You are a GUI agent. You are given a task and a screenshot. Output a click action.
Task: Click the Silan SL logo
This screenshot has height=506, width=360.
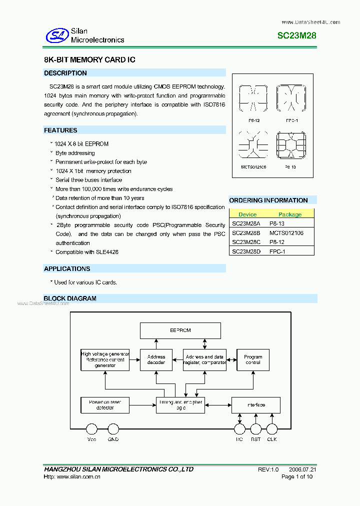pyautogui.click(x=56, y=35)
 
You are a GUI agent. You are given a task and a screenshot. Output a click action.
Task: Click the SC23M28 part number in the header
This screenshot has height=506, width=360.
pyautogui.click(x=296, y=36)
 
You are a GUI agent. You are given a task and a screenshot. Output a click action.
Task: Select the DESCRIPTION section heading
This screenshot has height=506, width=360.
pyautogui.click(x=65, y=73)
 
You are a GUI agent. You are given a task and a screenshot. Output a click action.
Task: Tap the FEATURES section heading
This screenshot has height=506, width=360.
pyautogui.click(x=60, y=130)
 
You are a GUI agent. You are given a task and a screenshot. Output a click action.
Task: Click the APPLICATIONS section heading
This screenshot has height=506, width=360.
pyautogui.click(x=67, y=269)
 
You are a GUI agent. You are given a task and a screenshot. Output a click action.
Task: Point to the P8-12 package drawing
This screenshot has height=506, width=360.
pyautogui.click(x=254, y=99)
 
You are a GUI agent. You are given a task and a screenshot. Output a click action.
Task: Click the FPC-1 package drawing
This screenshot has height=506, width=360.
pyautogui.click(x=291, y=99)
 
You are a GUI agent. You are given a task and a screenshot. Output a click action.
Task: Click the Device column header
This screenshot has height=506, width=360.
pyautogui.click(x=247, y=214)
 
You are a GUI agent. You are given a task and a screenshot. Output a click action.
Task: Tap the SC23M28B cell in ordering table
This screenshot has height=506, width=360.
pyautogui.click(x=246, y=233)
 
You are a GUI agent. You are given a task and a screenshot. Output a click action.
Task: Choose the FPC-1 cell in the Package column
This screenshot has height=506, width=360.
pyautogui.click(x=277, y=251)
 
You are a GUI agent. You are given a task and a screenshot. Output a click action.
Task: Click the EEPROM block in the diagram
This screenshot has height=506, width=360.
pyautogui.click(x=180, y=330)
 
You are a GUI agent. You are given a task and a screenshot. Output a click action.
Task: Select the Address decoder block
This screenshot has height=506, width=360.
pyautogui.click(x=156, y=360)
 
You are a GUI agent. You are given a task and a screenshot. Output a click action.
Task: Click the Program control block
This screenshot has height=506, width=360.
pyautogui.click(x=253, y=360)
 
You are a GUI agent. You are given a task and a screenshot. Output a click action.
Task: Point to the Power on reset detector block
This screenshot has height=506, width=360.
pyautogui.click(x=104, y=405)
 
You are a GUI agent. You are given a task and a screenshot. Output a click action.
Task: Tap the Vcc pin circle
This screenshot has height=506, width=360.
pyautogui.click(x=91, y=429)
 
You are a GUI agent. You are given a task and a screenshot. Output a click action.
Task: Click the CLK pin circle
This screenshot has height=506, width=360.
pyautogui.click(x=272, y=429)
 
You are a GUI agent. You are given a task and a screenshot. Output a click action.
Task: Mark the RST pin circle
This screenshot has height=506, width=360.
pyautogui.click(x=255, y=429)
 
